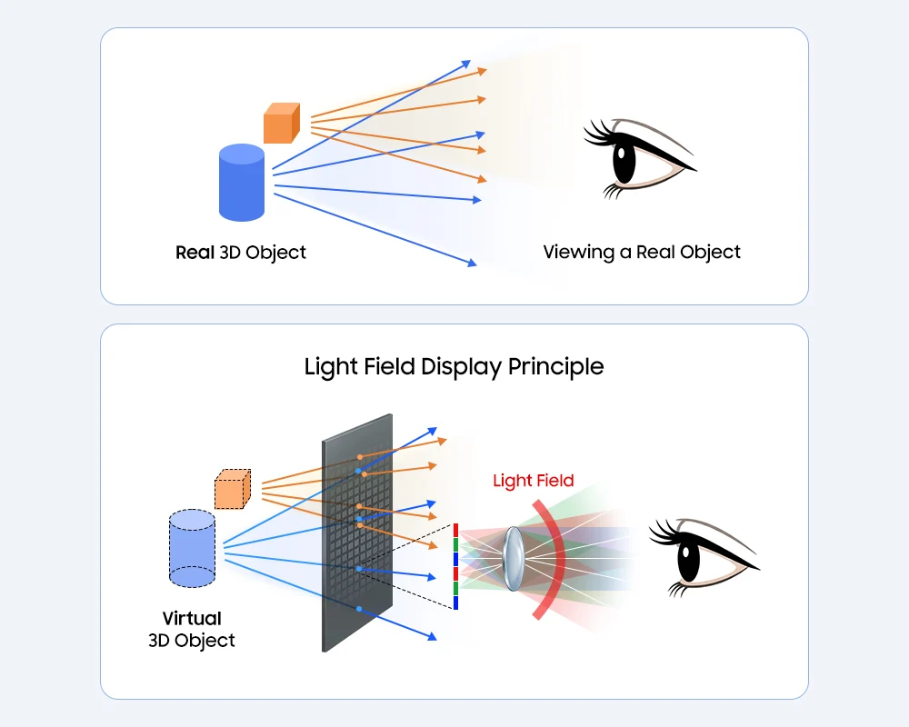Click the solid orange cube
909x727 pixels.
[x=281, y=124]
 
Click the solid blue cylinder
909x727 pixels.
[x=242, y=184]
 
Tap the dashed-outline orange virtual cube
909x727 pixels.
[x=232, y=490]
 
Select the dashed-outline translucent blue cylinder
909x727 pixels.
[x=192, y=548]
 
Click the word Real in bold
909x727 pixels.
[x=195, y=252]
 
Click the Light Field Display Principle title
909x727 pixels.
[x=454, y=367]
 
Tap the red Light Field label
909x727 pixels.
[x=533, y=481]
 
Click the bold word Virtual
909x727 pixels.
[x=192, y=619]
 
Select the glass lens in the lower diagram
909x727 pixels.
[x=513, y=555]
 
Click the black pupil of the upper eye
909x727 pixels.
[x=624, y=164]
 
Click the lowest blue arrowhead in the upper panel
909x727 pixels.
[x=472, y=264]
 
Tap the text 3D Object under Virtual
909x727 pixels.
[x=192, y=641]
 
